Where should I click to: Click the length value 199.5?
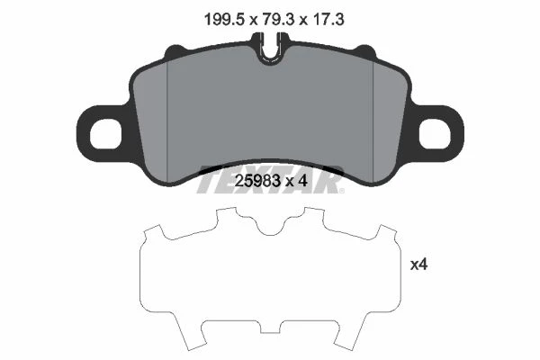[x=224, y=19]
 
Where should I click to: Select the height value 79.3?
[x=276, y=19]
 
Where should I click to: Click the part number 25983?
[x=257, y=181]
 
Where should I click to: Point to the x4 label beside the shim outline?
[x=418, y=265]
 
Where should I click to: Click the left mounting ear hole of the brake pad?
[x=105, y=134]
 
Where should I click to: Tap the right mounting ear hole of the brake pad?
[x=435, y=134]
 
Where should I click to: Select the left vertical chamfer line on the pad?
[x=166, y=121]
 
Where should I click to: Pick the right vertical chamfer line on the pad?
[x=373, y=121]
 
